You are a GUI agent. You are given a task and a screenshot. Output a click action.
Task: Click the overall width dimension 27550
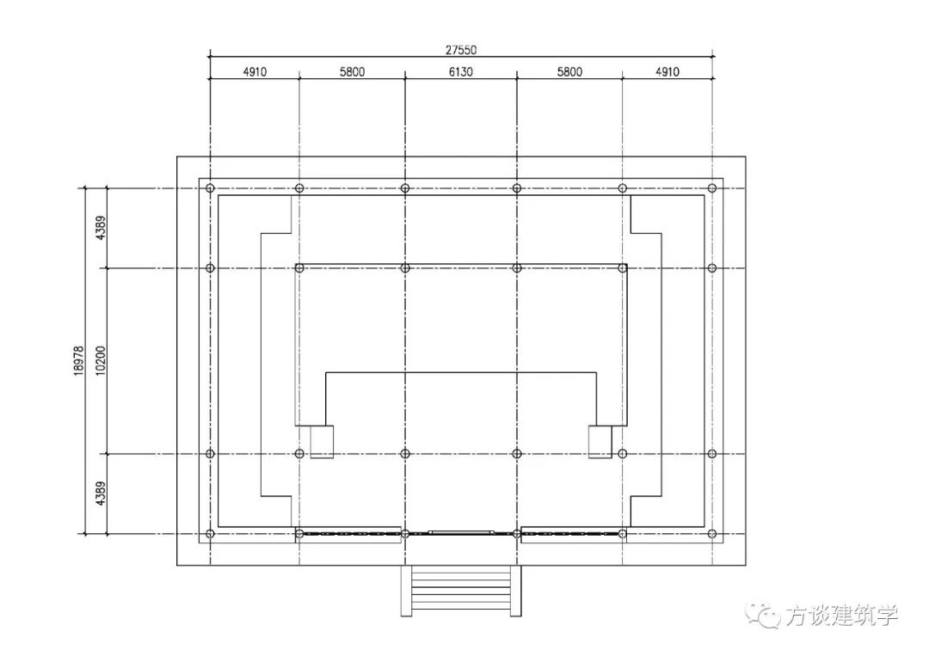point(461,50)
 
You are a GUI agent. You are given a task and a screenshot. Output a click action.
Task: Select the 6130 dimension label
point(460,71)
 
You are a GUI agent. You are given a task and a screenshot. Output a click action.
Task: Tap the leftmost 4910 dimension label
point(255,71)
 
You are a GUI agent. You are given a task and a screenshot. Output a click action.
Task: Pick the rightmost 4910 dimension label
point(668,71)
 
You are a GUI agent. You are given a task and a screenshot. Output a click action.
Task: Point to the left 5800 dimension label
point(352,71)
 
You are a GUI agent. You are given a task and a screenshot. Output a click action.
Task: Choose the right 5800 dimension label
point(569,71)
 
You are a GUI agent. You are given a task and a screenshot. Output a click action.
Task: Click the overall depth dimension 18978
point(79,360)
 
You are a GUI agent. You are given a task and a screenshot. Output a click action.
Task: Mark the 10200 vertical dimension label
point(101,360)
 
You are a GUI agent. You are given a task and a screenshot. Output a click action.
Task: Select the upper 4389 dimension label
point(101,228)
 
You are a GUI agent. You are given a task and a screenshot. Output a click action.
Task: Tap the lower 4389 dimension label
point(101,494)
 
